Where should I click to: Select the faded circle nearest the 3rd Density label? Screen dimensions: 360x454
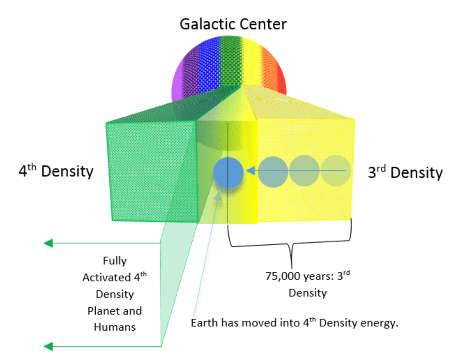click(336, 171)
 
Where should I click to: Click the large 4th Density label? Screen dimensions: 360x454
click(56, 171)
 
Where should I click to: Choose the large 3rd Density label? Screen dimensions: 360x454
click(405, 172)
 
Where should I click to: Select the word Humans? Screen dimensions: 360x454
click(114, 327)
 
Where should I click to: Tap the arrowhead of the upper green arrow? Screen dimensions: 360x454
click(48, 243)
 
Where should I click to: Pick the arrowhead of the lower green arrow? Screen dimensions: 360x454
click(48, 346)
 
